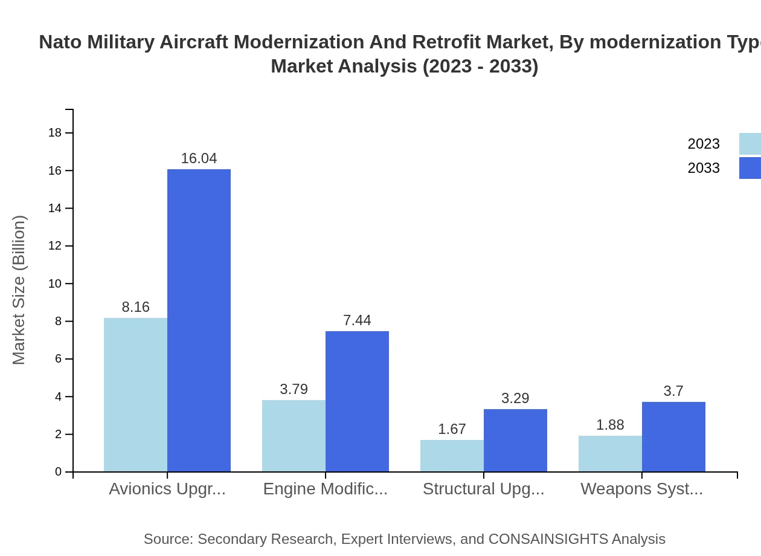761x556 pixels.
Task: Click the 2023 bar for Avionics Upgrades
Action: [135, 395]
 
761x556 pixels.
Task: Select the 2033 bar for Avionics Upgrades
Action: [199, 320]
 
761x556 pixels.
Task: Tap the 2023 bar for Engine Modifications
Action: [294, 436]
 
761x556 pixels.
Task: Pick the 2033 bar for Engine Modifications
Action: [357, 401]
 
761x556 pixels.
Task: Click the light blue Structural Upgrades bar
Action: [452, 456]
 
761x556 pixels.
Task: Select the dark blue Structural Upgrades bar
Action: [515, 441]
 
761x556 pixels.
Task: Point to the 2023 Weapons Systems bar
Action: [610, 454]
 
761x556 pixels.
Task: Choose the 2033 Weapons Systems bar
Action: [673, 437]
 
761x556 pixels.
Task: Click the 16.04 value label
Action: [199, 158]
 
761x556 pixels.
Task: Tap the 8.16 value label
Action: [135, 307]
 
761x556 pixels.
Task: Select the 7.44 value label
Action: [357, 320]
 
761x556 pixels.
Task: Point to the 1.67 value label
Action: [452, 429]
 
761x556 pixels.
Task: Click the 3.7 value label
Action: [673, 391]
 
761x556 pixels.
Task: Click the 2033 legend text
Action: [704, 168]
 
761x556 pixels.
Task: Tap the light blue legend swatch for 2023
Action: [750, 144]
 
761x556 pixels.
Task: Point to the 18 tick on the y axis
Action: [55, 133]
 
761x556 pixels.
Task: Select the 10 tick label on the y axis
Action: [55, 283]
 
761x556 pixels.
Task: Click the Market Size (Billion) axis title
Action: [19, 290]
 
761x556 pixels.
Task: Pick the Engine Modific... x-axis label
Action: [326, 489]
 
